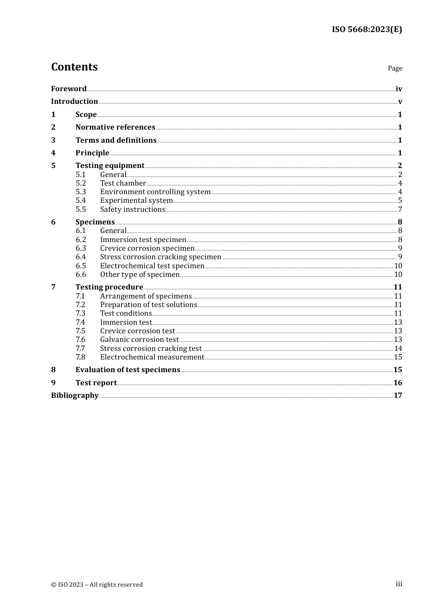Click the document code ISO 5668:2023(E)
click(367, 30)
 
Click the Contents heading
click(74, 67)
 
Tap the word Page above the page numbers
click(395, 68)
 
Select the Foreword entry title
click(69, 89)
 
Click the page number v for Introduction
click(400, 102)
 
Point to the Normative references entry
click(115, 127)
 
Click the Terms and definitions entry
click(116, 140)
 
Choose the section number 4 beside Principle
click(53, 153)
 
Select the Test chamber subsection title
click(123, 183)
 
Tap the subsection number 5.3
click(81, 192)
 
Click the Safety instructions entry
click(133, 210)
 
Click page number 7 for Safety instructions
click(400, 210)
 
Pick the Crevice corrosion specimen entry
click(147, 248)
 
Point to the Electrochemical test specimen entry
click(152, 266)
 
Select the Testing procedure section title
click(109, 287)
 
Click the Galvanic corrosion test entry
click(140, 340)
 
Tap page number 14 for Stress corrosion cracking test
click(398, 349)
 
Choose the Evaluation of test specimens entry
click(128, 370)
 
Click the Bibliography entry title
click(75, 396)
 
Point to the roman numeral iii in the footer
click(399, 584)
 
